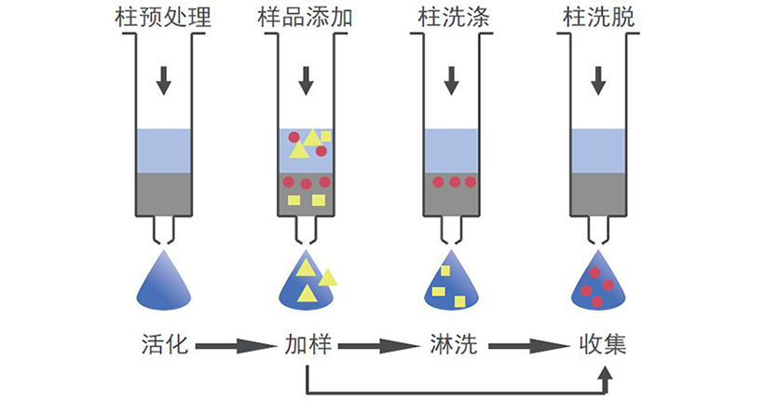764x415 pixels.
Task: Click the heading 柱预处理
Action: (164, 16)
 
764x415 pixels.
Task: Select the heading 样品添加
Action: (306, 16)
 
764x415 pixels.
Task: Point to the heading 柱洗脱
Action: (596, 16)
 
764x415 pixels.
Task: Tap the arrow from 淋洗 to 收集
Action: (526, 346)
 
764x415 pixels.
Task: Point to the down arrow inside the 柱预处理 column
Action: (164, 81)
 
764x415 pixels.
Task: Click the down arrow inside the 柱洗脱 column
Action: (596, 81)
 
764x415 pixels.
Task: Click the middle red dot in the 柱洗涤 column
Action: (454, 182)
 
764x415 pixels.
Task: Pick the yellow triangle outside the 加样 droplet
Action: (328, 277)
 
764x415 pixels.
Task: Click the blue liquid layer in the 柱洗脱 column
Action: (596, 150)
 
